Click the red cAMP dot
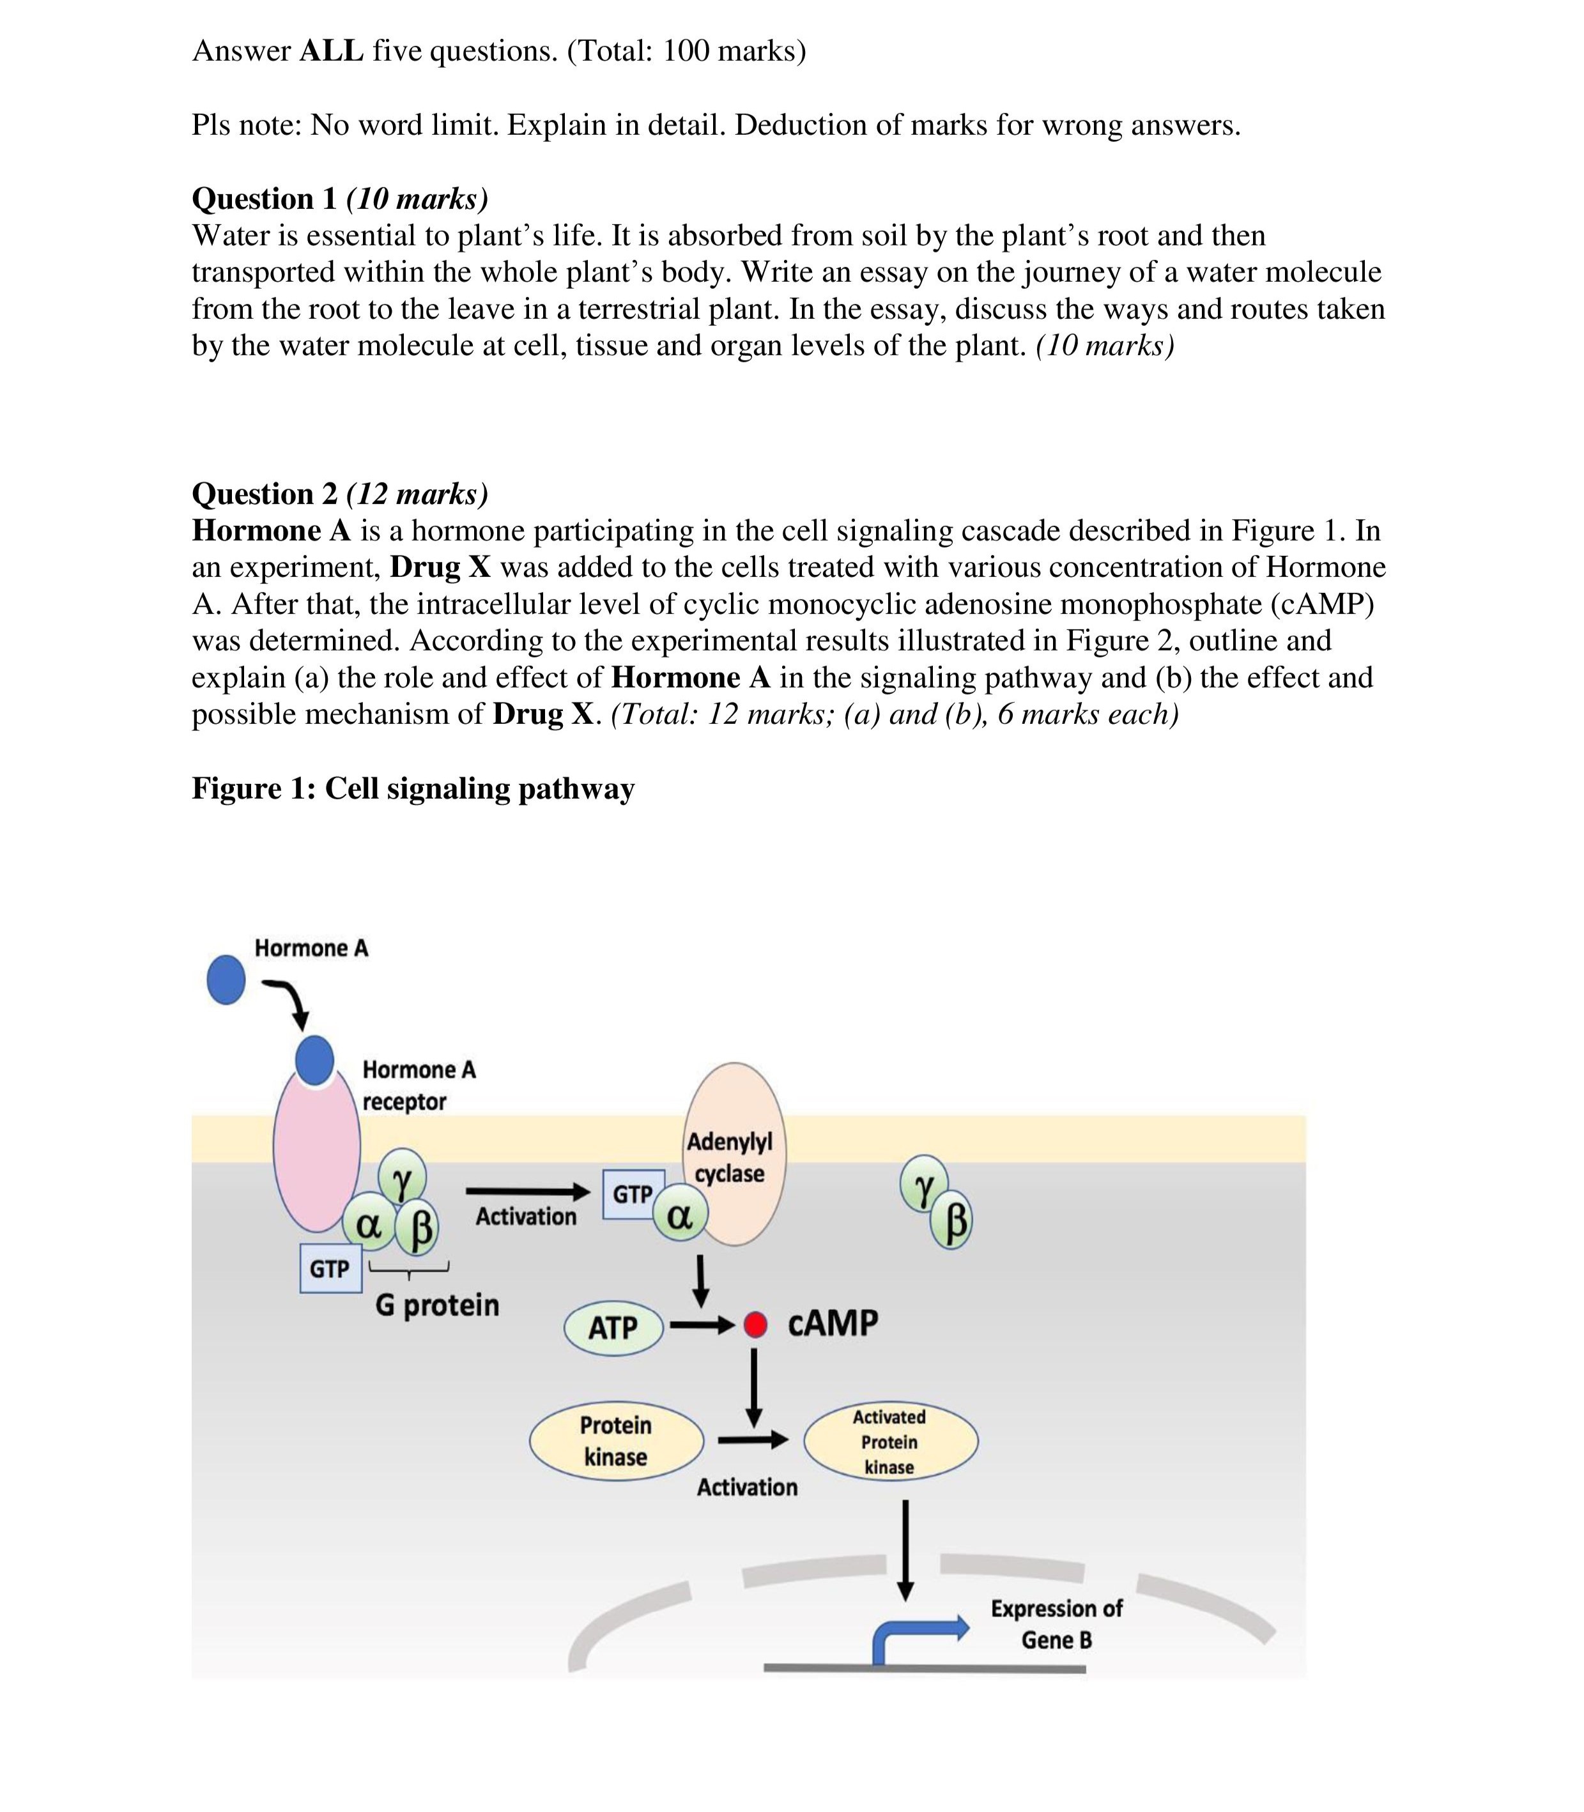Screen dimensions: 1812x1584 [x=755, y=1325]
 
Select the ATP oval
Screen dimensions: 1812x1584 [x=613, y=1327]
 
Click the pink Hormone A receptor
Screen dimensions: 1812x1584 [x=316, y=1149]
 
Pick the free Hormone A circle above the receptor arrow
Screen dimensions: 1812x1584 [x=226, y=979]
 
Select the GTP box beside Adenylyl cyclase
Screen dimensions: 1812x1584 [x=632, y=1194]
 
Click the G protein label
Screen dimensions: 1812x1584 [x=436, y=1305]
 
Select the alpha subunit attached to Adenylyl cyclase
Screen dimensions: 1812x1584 [x=680, y=1217]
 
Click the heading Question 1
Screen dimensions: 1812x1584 [x=265, y=199]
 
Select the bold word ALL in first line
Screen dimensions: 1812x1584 [x=332, y=51]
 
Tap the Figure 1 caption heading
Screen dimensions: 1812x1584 [x=413, y=788]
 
